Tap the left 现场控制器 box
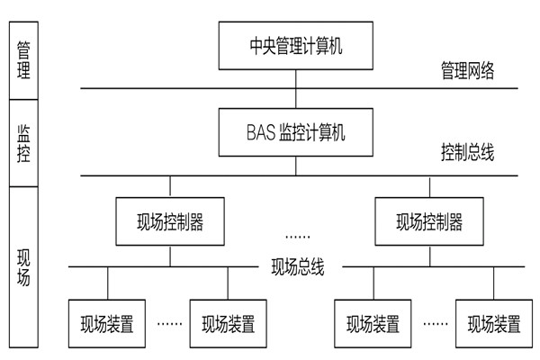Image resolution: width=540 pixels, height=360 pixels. pos(170,221)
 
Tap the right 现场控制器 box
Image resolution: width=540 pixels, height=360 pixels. pos(429,221)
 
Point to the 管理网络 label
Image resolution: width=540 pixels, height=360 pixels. pos(467,69)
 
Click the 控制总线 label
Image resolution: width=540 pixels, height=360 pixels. pos(467,152)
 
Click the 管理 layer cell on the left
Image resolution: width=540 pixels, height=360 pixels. pos(23,56)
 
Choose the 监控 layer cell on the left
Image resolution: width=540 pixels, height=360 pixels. pos(23,140)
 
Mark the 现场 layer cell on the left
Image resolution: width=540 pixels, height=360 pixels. pos(23,265)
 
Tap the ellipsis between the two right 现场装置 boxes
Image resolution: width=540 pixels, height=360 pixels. pos(435,321)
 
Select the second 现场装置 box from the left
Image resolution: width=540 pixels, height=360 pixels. pos(228,322)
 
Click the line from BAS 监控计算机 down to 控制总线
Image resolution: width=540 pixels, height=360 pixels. pos(296,166)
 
